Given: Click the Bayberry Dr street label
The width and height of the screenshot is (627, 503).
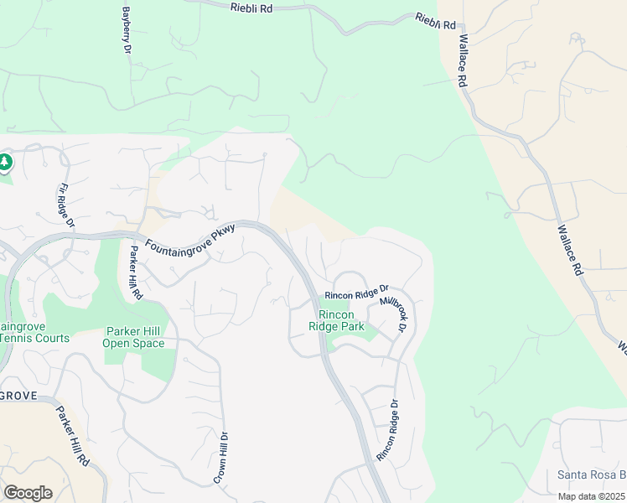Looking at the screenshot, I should tap(127, 32).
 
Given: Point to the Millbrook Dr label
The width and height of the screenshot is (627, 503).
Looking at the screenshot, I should tap(392, 314).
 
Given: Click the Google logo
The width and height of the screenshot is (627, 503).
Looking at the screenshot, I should tap(28, 493).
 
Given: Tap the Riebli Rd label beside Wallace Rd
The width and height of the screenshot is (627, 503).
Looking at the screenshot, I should tap(436, 21).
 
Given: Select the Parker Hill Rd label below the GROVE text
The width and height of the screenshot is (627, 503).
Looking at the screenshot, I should tap(72, 437).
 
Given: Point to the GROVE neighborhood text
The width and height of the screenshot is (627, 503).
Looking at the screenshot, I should tap(18, 395).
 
